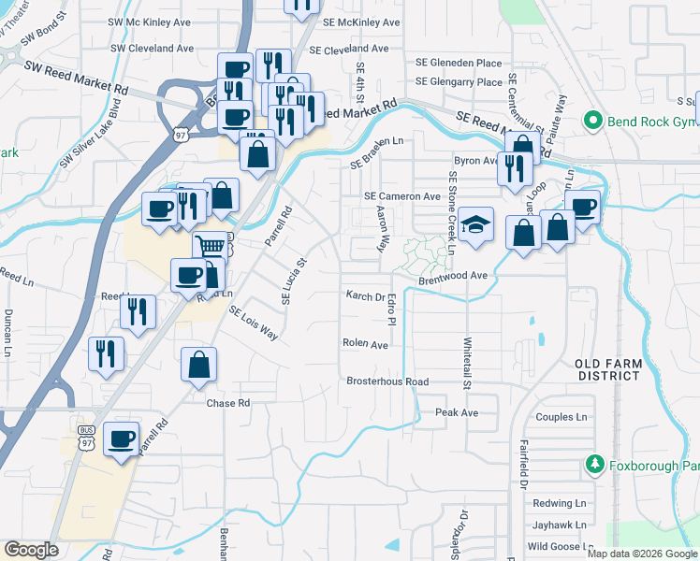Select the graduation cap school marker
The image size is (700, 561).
pyautogui.click(x=476, y=225)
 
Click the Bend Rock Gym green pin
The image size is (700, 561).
pyautogui.click(x=591, y=121)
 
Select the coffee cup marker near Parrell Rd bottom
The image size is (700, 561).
pyautogui.click(x=122, y=439)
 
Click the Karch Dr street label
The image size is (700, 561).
pyautogui.click(x=366, y=296)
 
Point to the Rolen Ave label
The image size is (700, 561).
pyautogui.click(x=365, y=344)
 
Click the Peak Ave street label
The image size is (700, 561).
pyautogui.click(x=457, y=412)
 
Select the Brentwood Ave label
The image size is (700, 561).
pyautogui.click(x=453, y=276)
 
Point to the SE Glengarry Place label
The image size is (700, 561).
pyautogui.click(x=459, y=82)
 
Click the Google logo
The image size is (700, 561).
pyautogui.click(x=31, y=550)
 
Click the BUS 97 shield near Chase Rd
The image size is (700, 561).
pyautogui.click(x=86, y=439)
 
